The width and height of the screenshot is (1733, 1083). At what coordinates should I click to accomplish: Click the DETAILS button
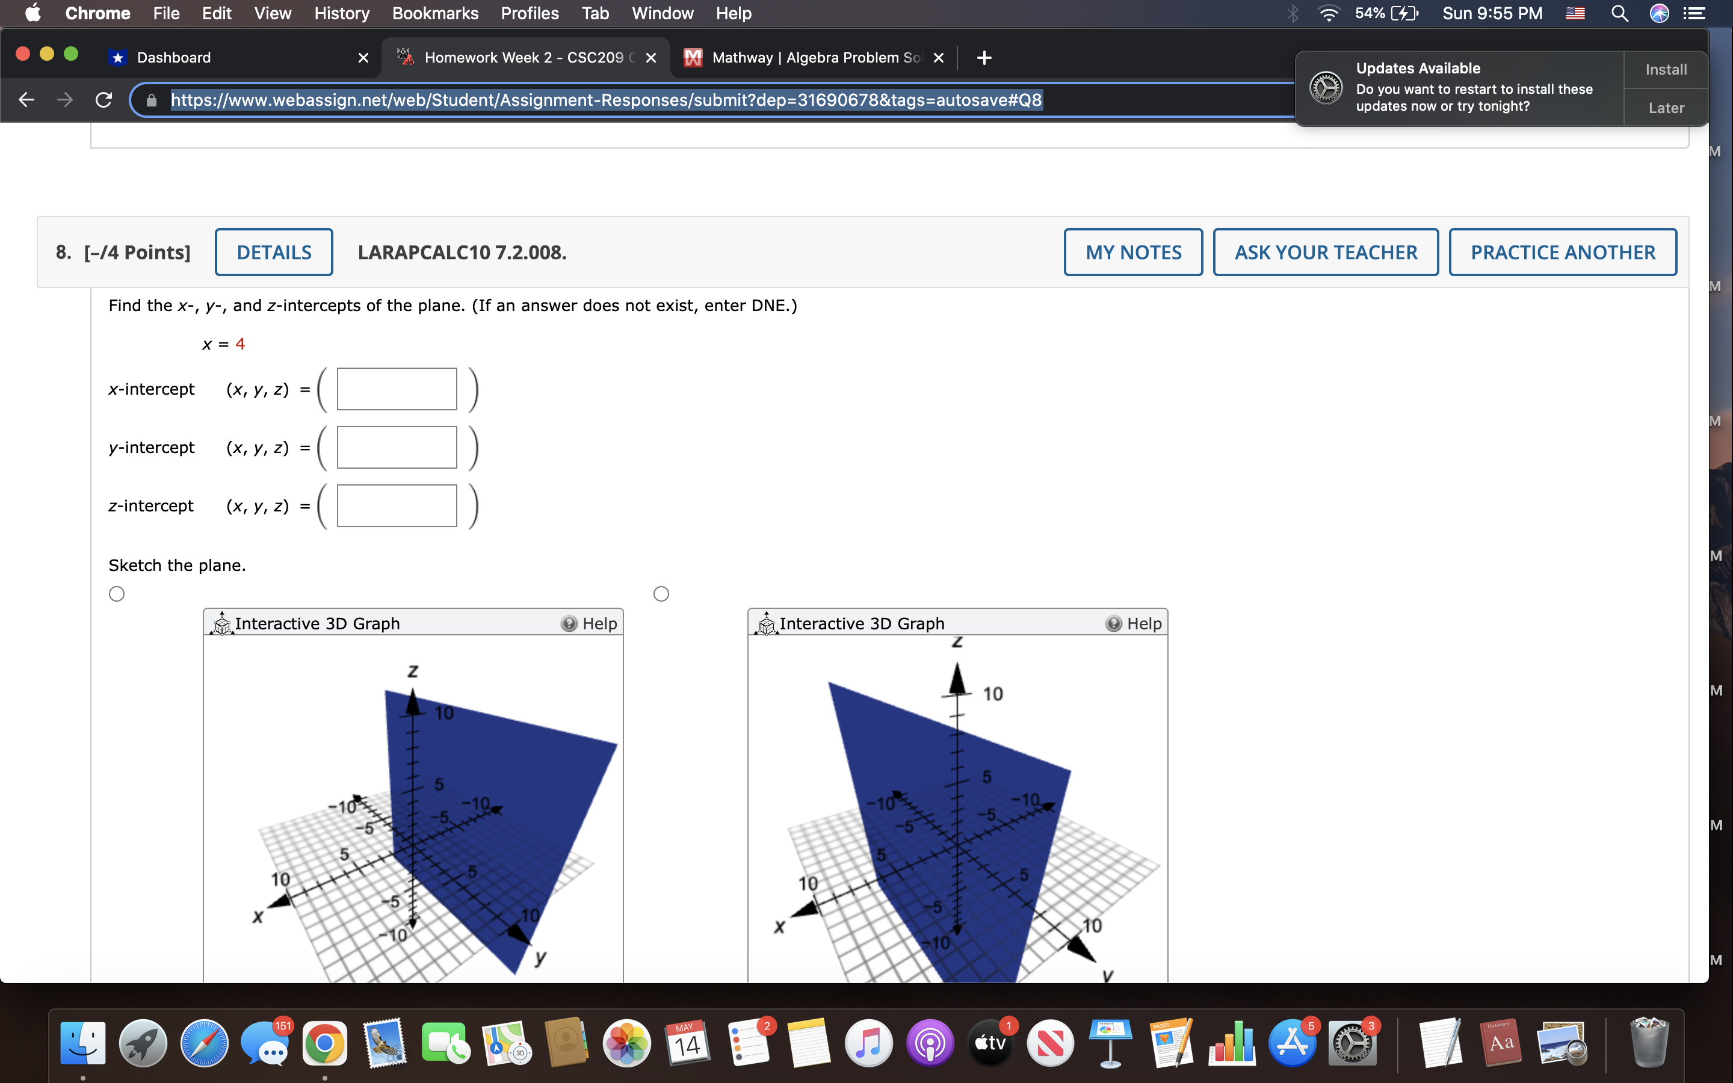(274, 252)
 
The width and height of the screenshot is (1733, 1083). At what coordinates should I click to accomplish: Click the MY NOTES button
(1133, 252)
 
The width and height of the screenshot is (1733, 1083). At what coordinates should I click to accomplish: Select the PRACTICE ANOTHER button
(1563, 252)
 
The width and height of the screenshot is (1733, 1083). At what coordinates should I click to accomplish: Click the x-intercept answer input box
(397, 389)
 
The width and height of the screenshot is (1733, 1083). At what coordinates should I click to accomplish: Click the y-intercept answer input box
(397, 448)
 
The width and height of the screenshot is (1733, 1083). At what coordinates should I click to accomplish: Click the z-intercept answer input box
(397, 505)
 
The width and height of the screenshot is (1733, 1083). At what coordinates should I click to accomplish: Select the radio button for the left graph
(117, 594)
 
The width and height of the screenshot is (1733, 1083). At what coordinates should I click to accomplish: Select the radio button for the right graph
(661, 594)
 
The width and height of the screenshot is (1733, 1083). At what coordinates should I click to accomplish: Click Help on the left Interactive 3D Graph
(589, 624)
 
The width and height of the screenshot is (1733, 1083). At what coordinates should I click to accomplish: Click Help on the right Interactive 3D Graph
(1134, 624)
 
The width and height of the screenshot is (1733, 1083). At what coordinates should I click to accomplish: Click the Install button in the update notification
(1666, 69)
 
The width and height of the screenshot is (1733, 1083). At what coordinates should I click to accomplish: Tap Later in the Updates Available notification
(1666, 108)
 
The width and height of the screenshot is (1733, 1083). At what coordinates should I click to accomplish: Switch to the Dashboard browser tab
(174, 57)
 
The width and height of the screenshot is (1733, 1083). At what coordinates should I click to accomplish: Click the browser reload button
(104, 99)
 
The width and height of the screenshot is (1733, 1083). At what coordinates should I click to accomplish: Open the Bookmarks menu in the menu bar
(434, 13)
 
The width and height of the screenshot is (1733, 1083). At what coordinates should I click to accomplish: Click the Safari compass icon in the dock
(204, 1043)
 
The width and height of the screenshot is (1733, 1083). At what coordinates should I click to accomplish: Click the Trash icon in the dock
(1649, 1043)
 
